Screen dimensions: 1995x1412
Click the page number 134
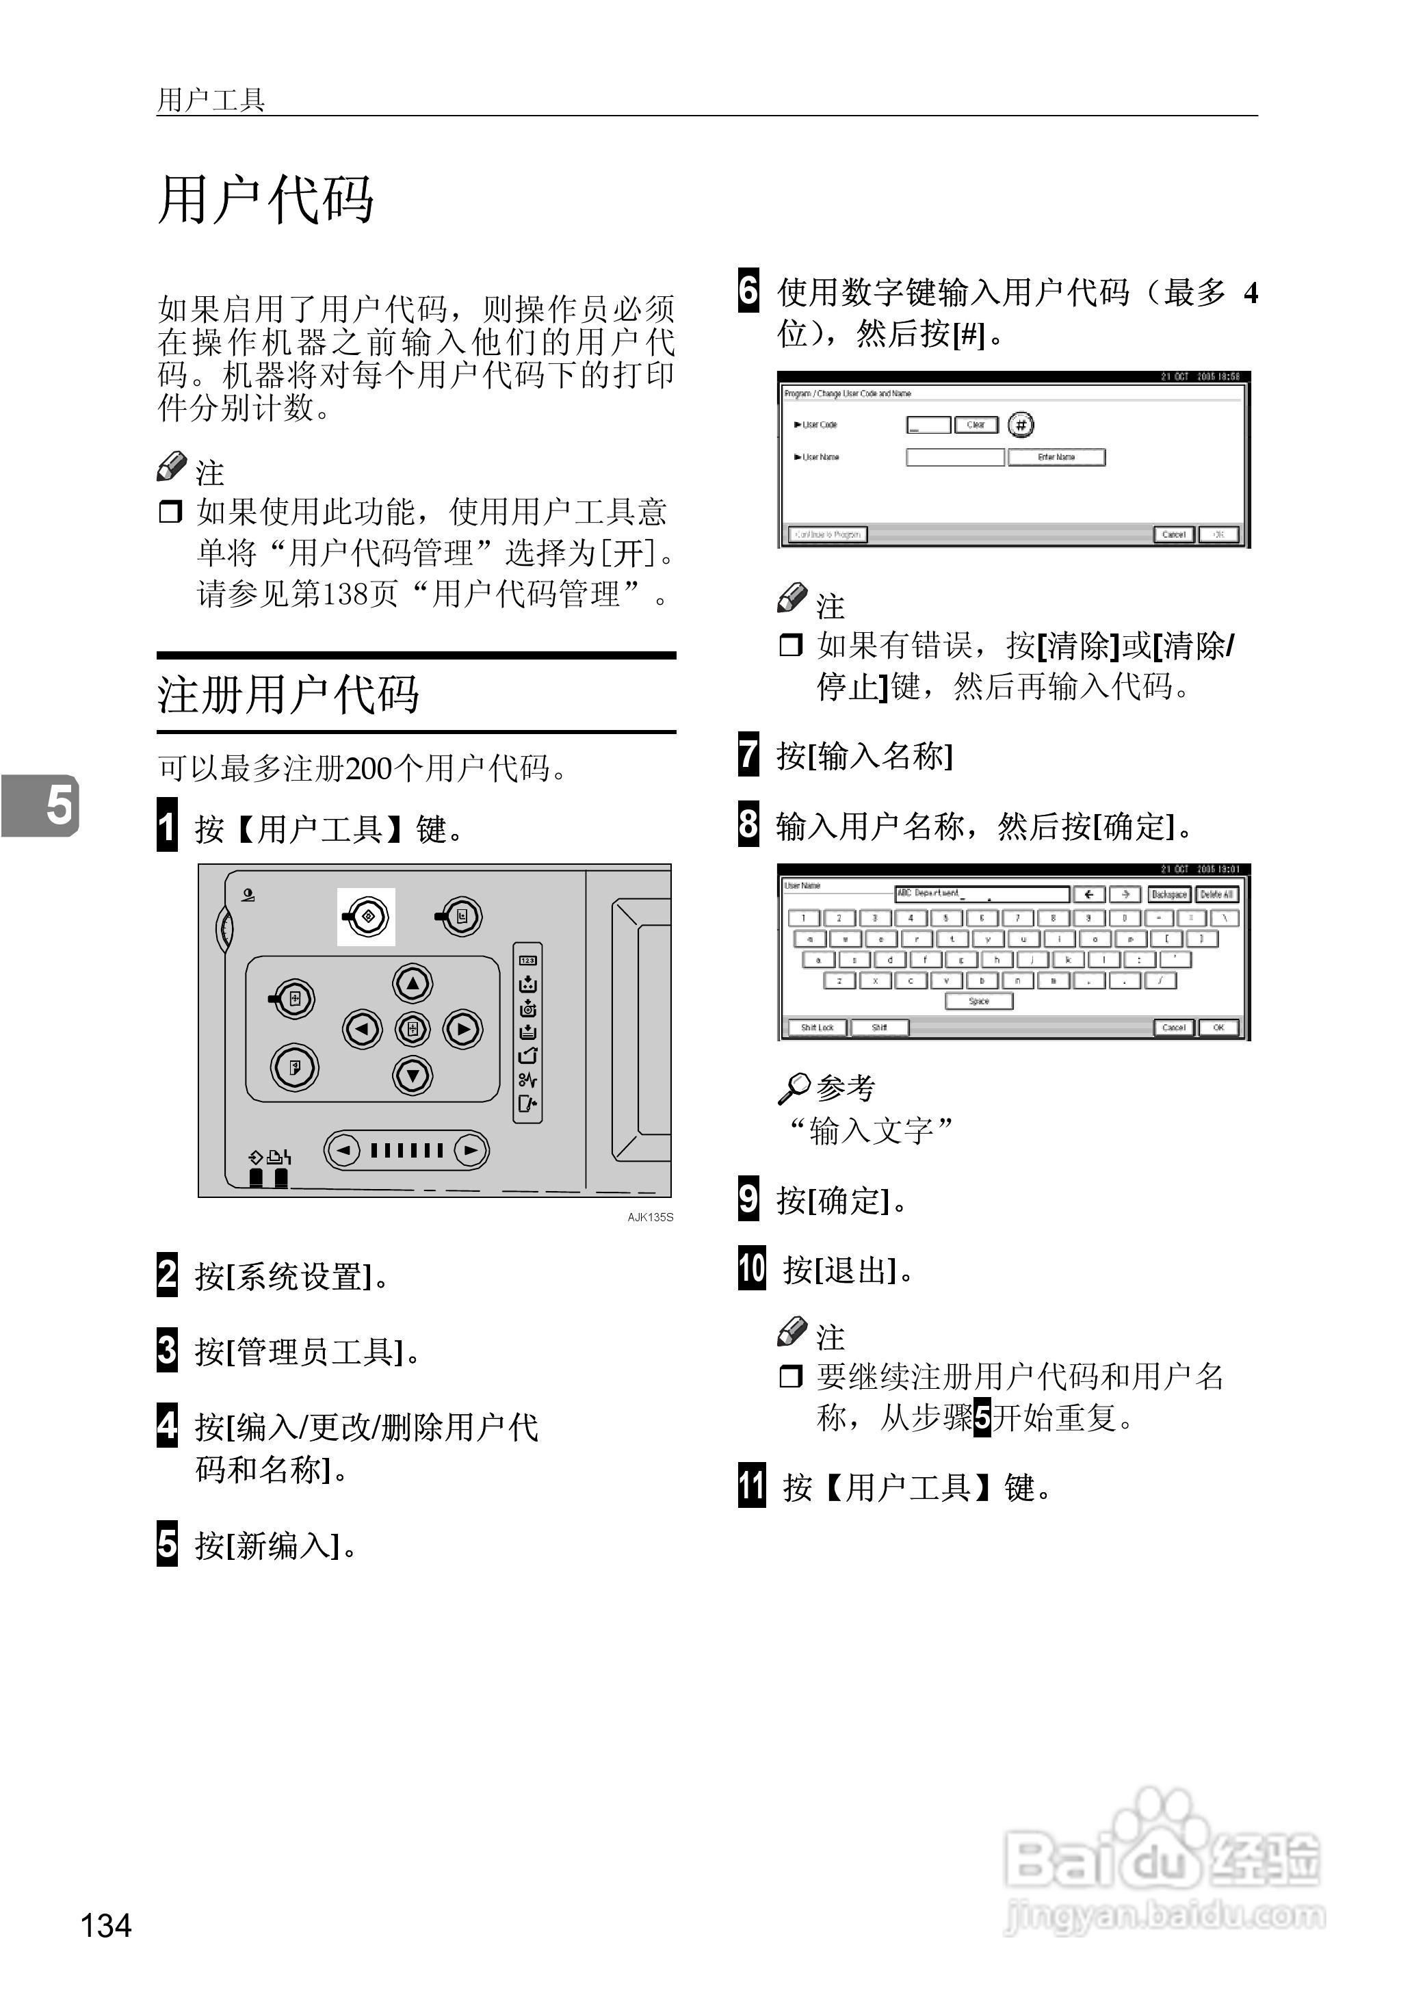pos(106,1925)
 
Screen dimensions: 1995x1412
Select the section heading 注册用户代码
pos(288,694)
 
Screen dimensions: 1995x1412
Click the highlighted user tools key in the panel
pos(366,916)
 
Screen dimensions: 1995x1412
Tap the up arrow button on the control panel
pos(413,983)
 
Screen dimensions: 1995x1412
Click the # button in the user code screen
pos(1021,425)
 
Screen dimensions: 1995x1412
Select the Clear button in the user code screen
pos(976,425)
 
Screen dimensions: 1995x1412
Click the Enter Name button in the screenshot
pos(1056,457)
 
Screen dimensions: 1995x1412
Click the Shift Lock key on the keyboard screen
pos(816,1028)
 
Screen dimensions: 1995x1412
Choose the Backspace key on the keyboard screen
pos(1168,894)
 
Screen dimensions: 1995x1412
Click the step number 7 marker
pos(748,755)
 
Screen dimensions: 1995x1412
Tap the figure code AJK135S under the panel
pos(651,1217)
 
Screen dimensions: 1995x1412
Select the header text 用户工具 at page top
pos(211,100)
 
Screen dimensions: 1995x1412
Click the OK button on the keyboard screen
pos(1218,1028)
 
